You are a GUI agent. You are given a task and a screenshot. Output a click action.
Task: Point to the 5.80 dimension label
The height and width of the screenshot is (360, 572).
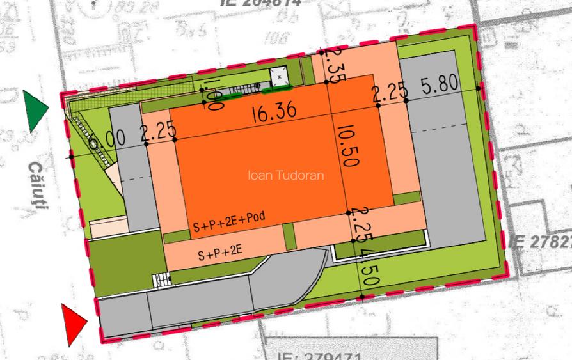pos(440,85)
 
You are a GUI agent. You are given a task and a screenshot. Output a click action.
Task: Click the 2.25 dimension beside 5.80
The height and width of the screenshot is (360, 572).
pos(390,93)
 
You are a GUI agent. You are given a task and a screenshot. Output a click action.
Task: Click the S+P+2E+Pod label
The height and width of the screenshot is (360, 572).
pos(229,221)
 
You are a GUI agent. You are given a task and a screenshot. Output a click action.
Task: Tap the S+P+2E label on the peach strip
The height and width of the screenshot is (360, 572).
pos(220,253)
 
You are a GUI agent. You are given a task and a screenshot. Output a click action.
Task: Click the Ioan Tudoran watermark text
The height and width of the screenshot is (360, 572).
pos(285,175)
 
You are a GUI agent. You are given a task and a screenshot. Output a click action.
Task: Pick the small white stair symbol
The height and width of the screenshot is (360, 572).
pos(162,279)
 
